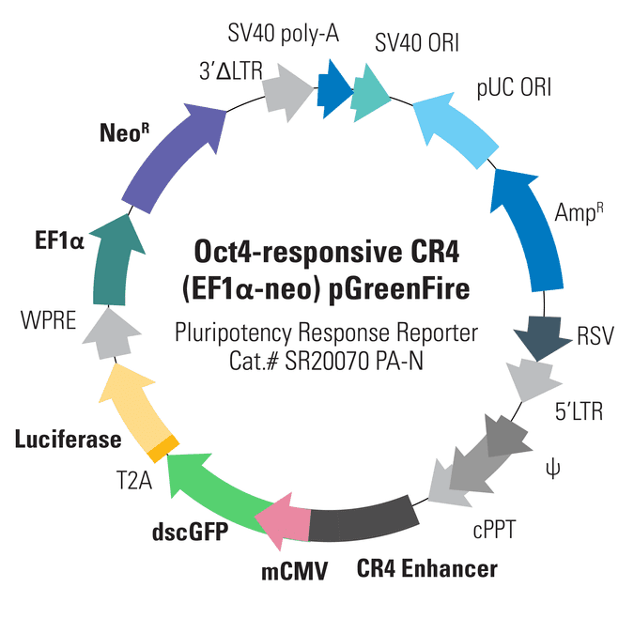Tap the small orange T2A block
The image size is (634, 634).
tap(163, 449)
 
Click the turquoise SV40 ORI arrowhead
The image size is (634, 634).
tap(369, 93)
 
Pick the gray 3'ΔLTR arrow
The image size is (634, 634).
tap(286, 92)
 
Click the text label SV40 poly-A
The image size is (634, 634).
tap(283, 33)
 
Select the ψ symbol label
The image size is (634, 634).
tap(552, 469)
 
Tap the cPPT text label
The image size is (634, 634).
tap(494, 530)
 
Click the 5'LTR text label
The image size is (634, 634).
tap(579, 411)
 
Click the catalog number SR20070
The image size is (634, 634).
tap(328, 361)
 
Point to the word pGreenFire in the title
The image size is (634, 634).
tap(399, 289)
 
